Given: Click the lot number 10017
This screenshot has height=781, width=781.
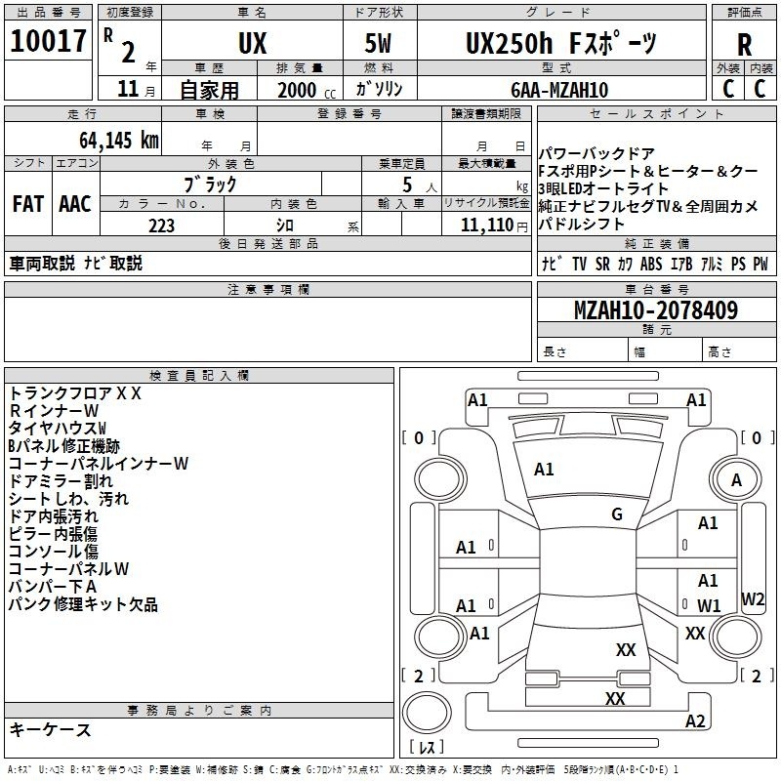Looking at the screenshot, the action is point(48,41).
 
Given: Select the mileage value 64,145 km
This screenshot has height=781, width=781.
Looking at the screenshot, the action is point(119,141).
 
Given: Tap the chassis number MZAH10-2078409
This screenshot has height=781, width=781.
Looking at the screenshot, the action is point(656,310).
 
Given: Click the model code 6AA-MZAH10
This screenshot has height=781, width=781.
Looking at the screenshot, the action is point(559,90).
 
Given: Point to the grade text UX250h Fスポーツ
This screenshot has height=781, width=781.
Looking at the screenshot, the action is point(560,43).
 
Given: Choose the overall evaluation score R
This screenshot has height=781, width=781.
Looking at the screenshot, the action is point(744,45).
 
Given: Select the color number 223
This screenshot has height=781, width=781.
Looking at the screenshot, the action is point(161,226).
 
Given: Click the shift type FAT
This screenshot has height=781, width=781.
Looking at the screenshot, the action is point(28,204).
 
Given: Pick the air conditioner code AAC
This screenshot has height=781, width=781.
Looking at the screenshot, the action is point(75,204).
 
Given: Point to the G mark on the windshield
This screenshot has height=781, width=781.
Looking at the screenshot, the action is point(617,514).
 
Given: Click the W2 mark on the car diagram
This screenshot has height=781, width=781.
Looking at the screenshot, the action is point(752,598).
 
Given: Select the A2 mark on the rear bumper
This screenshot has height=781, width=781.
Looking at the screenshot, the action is point(695,720).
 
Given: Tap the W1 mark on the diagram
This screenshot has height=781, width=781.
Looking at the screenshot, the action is point(709,605).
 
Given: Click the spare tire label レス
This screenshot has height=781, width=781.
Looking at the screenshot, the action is point(427,747).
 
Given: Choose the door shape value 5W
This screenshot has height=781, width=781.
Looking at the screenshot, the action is point(378,43).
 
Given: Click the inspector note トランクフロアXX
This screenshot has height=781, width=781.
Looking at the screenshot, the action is point(75,393).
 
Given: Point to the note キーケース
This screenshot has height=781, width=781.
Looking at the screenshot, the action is point(50,729).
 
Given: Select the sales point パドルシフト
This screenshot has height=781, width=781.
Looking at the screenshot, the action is point(581,224).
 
